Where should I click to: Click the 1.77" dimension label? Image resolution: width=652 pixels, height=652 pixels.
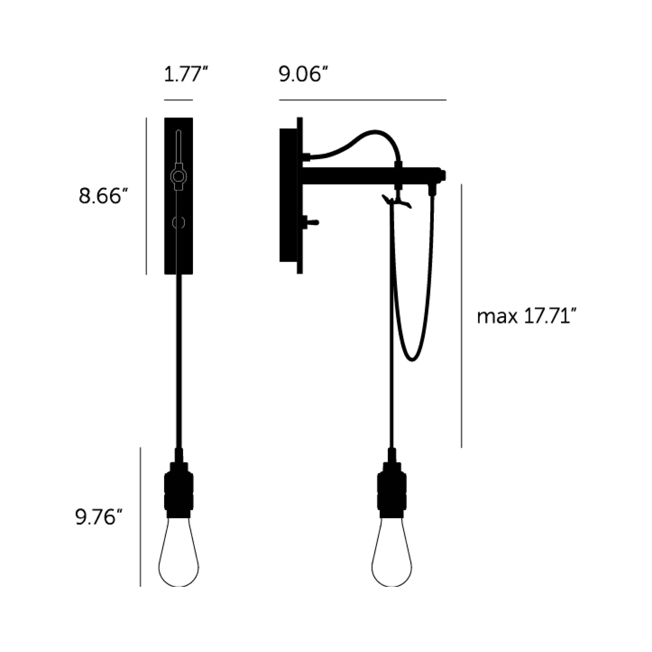[x=186, y=75]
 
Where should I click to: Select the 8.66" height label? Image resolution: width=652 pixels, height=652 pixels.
[x=104, y=196]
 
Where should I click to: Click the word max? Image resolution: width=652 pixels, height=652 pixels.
[x=497, y=317]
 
